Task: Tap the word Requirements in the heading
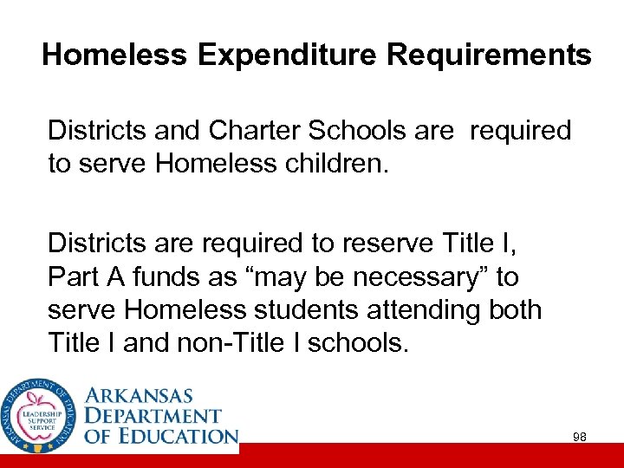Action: coord(489,55)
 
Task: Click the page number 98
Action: coord(580,438)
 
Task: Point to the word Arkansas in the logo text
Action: coord(149,395)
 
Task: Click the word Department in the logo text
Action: coord(153,416)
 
